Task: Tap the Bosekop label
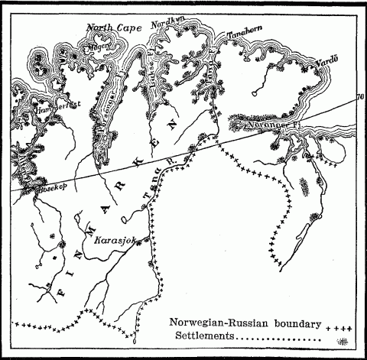click(x=41, y=186)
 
